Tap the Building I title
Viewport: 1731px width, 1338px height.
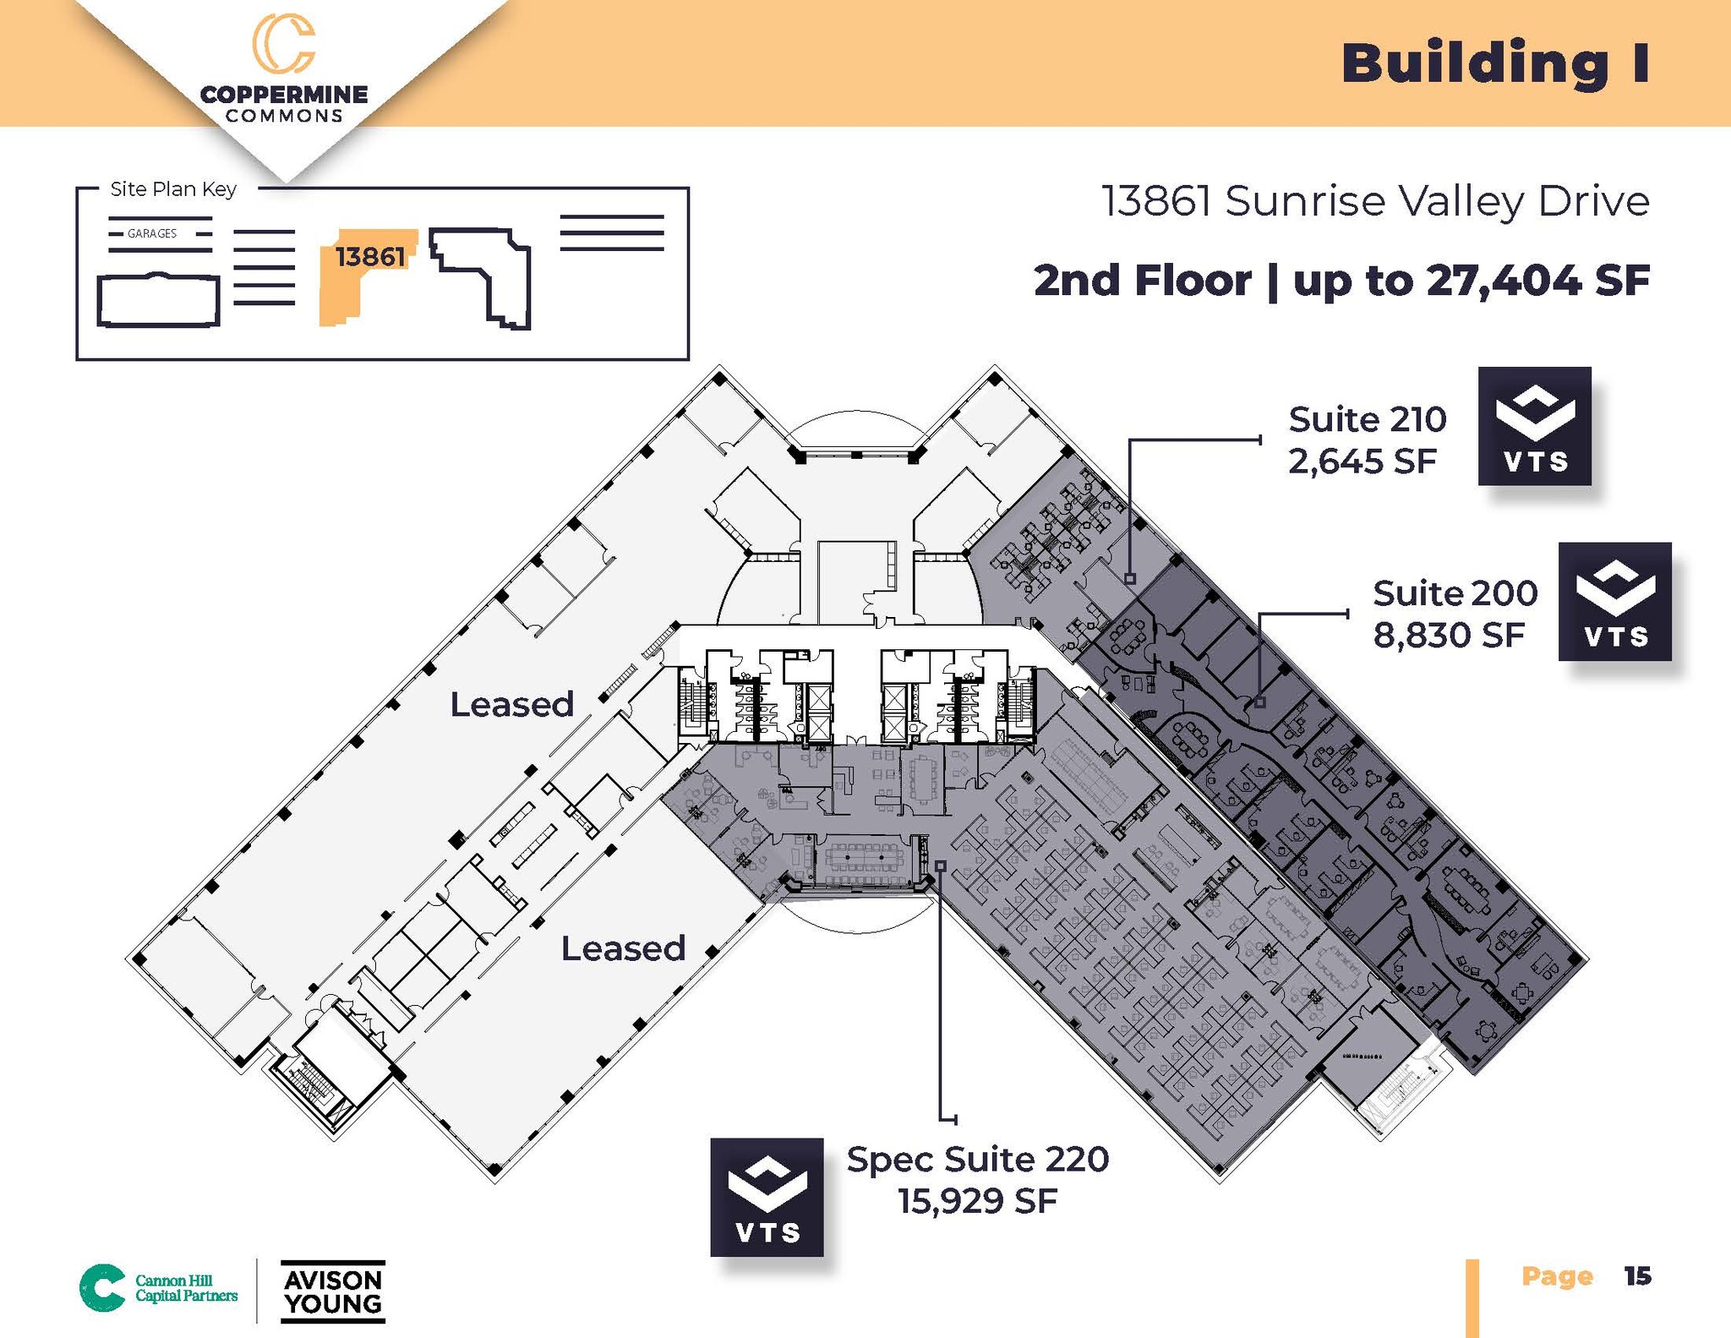(1495, 64)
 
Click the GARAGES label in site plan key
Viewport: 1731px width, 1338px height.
(152, 233)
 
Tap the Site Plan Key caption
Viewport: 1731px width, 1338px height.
(173, 189)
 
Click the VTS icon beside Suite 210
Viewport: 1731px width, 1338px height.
(1534, 426)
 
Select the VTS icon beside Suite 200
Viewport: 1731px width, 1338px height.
(1614, 601)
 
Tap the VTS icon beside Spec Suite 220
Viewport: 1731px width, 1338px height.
(767, 1197)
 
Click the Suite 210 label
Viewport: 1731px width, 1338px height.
(1367, 419)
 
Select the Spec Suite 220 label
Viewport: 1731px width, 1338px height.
(977, 1160)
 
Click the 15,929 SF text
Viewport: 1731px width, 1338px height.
(977, 1201)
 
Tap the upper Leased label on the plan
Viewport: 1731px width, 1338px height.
(511, 704)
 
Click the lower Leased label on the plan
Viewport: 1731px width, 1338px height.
(623, 948)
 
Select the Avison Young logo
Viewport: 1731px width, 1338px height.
(333, 1292)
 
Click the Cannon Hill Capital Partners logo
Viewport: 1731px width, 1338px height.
(159, 1288)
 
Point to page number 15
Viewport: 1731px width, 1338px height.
(1637, 1276)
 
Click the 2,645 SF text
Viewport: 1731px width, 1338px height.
(1362, 461)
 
